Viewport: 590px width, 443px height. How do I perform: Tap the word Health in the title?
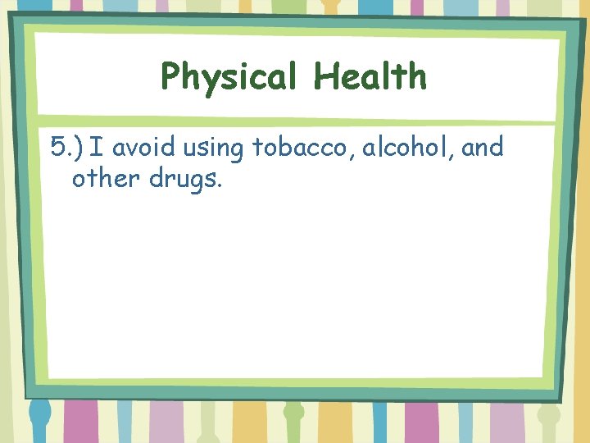coord(370,76)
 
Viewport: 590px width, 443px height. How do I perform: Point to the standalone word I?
coord(95,148)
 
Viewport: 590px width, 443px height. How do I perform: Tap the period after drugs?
coord(219,185)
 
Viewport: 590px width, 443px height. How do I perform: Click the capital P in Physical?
coord(171,77)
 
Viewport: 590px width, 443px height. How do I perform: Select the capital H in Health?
coord(325,76)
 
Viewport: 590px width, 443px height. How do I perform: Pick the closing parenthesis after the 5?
coord(79,148)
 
